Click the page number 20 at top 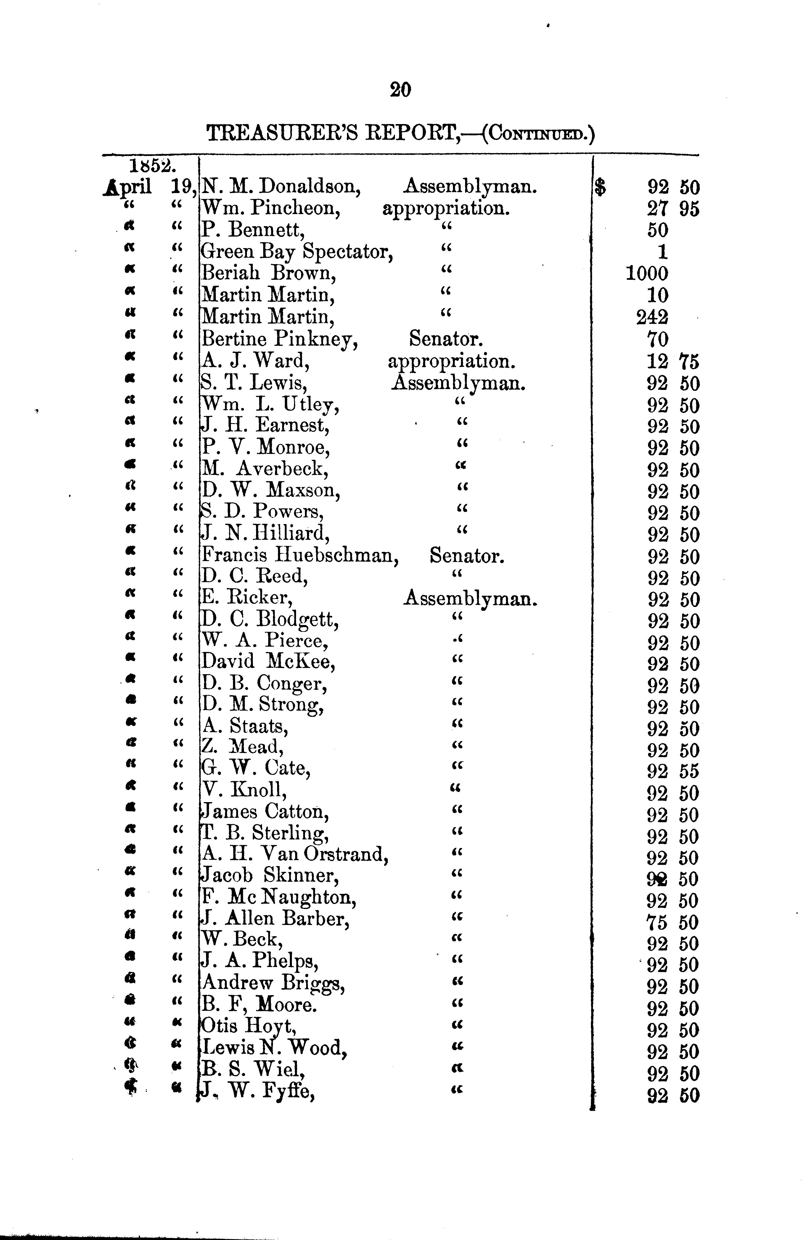coord(400,90)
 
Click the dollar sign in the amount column coord(601,187)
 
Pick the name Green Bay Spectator coord(296,252)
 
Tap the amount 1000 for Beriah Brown coord(647,274)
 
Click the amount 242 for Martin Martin coord(652,317)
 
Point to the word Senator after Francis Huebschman coord(467,556)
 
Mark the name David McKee coord(268,662)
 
